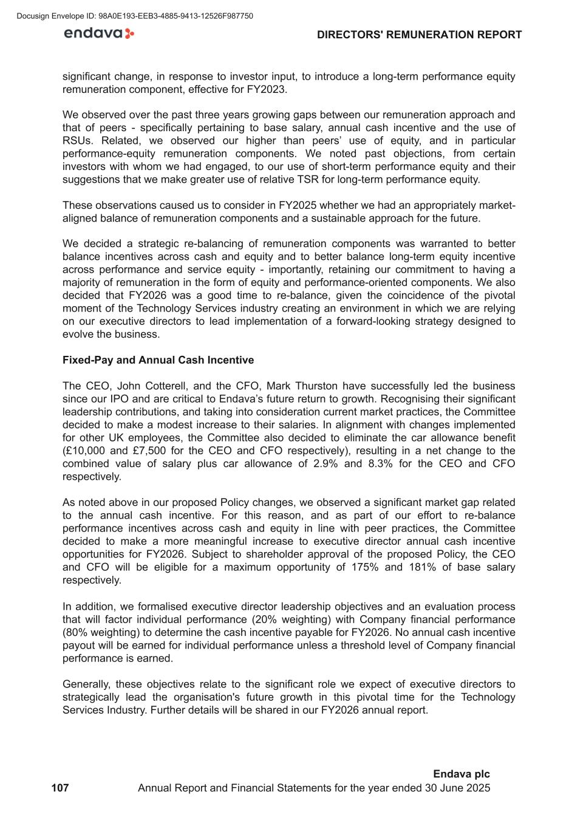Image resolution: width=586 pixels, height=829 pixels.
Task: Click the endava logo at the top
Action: click(99, 34)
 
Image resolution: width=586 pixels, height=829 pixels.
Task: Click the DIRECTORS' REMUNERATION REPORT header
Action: click(419, 35)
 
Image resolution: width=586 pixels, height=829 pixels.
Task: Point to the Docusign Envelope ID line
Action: click(135, 16)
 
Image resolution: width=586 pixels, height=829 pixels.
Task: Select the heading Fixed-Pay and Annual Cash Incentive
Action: click(158, 360)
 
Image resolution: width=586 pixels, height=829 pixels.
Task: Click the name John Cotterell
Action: click(154, 386)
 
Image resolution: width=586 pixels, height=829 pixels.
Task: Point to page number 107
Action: click(60, 788)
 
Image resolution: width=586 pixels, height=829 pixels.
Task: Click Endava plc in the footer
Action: click(461, 774)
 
